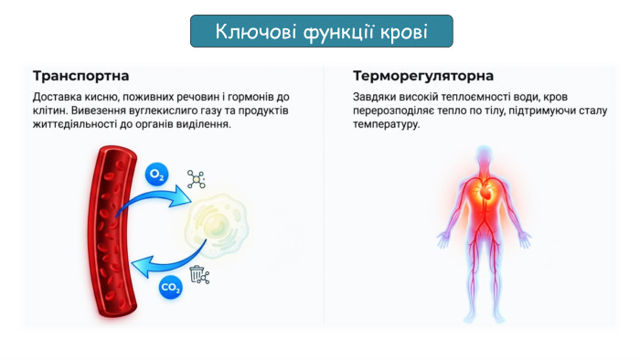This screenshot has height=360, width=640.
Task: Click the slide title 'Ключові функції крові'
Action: [321, 32]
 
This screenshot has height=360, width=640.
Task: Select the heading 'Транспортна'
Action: [80, 75]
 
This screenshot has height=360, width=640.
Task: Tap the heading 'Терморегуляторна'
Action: [423, 75]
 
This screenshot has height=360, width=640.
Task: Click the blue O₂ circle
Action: [156, 175]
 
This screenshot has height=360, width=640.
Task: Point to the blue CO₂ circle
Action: [170, 287]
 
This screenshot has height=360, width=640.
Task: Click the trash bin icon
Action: [198, 273]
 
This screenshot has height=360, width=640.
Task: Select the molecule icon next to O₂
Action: [196, 178]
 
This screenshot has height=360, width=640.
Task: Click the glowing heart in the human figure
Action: [485, 192]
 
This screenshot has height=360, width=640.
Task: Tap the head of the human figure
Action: [485, 154]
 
